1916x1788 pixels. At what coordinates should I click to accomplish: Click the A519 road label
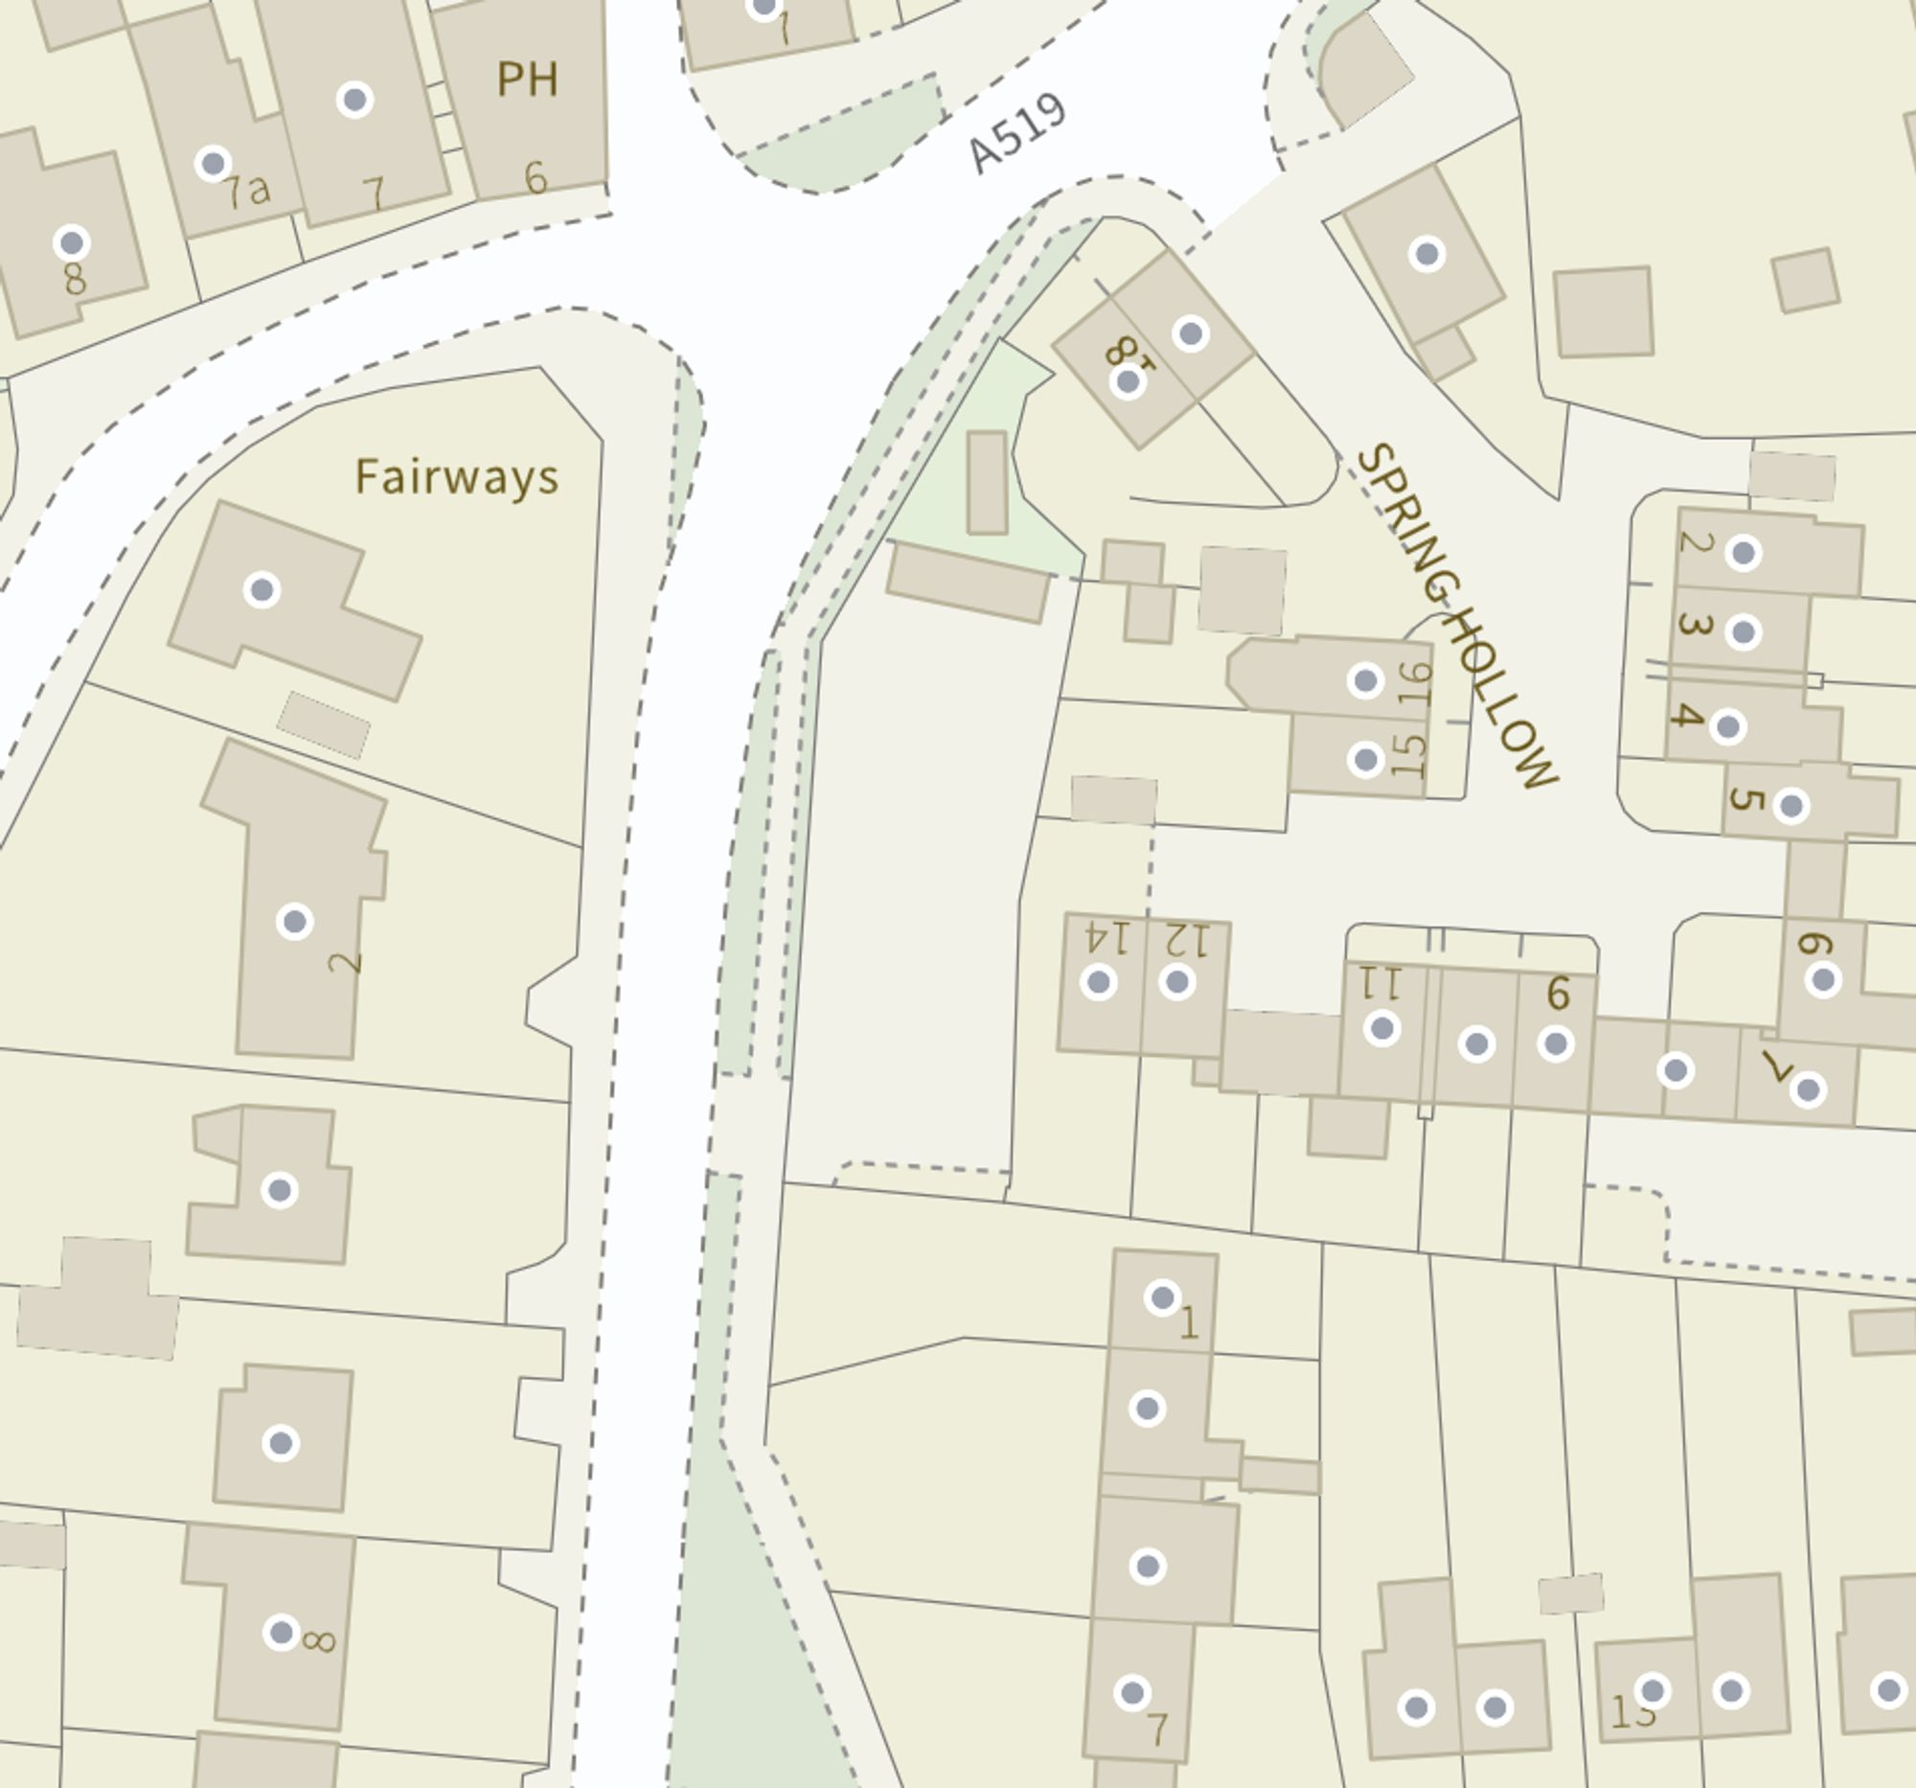coord(1016,134)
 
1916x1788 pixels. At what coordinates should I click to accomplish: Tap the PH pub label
coord(527,79)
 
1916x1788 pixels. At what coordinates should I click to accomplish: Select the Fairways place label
coord(456,477)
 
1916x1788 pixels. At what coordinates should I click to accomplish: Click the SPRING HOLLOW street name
coord(1455,617)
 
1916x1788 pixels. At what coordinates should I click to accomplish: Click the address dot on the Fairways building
coord(262,590)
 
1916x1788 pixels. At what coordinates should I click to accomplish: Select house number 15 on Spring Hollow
coord(1408,755)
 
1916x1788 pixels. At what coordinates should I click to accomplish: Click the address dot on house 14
coord(1099,982)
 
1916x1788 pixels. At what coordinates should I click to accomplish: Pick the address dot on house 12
coord(1176,982)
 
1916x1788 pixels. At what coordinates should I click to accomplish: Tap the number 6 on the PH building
coord(536,177)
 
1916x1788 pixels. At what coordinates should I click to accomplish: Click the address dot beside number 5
coord(1791,806)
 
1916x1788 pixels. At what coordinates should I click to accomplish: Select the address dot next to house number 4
coord(1727,726)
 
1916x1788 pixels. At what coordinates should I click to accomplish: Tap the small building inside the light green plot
coord(987,482)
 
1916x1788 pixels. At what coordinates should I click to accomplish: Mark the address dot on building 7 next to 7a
coord(354,100)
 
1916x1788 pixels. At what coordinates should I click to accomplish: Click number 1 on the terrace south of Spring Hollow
coord(1188,1323)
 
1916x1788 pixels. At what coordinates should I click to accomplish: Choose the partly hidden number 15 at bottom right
coord(1632,1712)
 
